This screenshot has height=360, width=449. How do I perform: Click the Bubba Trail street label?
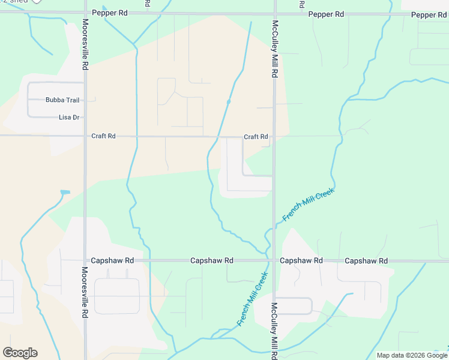pyautogui.click(x=62, y=100)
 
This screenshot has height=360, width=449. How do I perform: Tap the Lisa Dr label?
pyautogui.click(x=70, y=118)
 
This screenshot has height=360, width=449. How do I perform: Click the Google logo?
pyautogui.click(x=20, y=353)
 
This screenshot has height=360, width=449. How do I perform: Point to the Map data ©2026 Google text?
pyautogui.click(x=412, y=355)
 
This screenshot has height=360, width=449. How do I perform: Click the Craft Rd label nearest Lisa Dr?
pyautogui.click(x=103, y=136)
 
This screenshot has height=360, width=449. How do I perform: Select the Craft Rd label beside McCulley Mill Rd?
pyautogui.click(x=256, y=137)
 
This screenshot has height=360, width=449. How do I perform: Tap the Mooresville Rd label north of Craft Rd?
pyautogui.click(x=85, y=46)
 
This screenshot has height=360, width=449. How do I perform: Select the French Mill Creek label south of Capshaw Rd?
pyautogui.click(x=252, y=299)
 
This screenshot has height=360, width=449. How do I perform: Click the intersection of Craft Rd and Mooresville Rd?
pyautogui.click(x=85, y=136)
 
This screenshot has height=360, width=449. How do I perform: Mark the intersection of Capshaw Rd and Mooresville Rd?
pyautogui.click(x=85, y=261)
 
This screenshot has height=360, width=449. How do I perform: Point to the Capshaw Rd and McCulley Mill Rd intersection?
pyautogui.click(x=274, y=261)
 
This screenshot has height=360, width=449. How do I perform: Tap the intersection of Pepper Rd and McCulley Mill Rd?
pyautogui.click(x=274, y=13)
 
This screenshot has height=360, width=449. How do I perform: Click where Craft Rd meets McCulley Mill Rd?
pyautogui.click(x=274, y=136)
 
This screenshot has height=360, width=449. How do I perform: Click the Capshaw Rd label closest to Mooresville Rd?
pyautogui.click(x=112, y=261)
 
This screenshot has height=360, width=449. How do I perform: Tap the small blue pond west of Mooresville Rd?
pyautogui.click(x=65, y=192)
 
